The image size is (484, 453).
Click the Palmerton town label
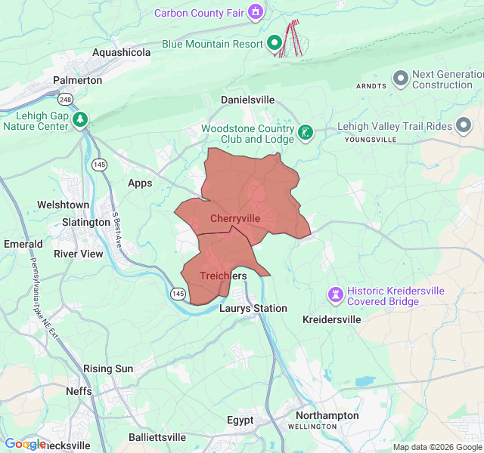tap(77, 80)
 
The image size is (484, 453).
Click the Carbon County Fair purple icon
tap(256, 12)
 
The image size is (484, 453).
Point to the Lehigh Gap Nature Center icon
tap(80, 119)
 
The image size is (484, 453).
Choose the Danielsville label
tap(250, 100)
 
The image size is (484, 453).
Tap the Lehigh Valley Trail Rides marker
tap(464, 127)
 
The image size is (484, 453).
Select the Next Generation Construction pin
tap(400, 79)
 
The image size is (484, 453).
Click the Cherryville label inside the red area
tap(235, 218)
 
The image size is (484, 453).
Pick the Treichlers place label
tap(223, 276)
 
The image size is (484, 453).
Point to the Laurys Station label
tap(253, 308)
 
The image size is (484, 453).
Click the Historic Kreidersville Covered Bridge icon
tap(335, 293)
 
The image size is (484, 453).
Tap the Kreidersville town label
tap(331, 319)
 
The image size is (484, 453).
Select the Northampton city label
tap(327, 415)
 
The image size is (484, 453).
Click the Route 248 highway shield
tap(66, 99)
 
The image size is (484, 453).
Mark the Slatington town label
tap(85, 222)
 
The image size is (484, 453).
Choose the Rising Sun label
tap(108, 368)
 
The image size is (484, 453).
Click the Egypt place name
tap(240, 420)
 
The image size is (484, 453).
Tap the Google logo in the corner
tap(25, 444)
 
